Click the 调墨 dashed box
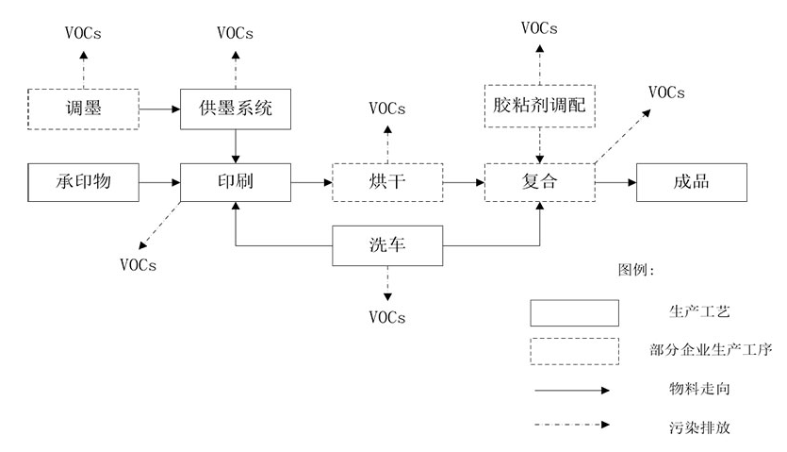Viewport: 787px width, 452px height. click(x=83, y=109)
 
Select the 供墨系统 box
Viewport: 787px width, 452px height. click(x=236, y=109)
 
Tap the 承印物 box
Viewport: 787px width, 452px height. click(x=83, y=181)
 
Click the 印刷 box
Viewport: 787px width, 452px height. click(x=236, y=181)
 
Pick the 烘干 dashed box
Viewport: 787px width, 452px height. click(x=387, y=181)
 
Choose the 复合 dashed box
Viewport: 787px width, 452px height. click(x=539, y=181)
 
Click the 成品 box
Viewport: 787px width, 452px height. click(x=692, y=181)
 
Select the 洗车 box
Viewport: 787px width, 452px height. click(x=387, y=246)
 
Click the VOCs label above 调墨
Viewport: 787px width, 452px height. click(x=83, y=34)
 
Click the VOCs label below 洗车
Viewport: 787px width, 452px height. click(x=387, y=317)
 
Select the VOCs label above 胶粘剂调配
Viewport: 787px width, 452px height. click(x=539, y=28)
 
